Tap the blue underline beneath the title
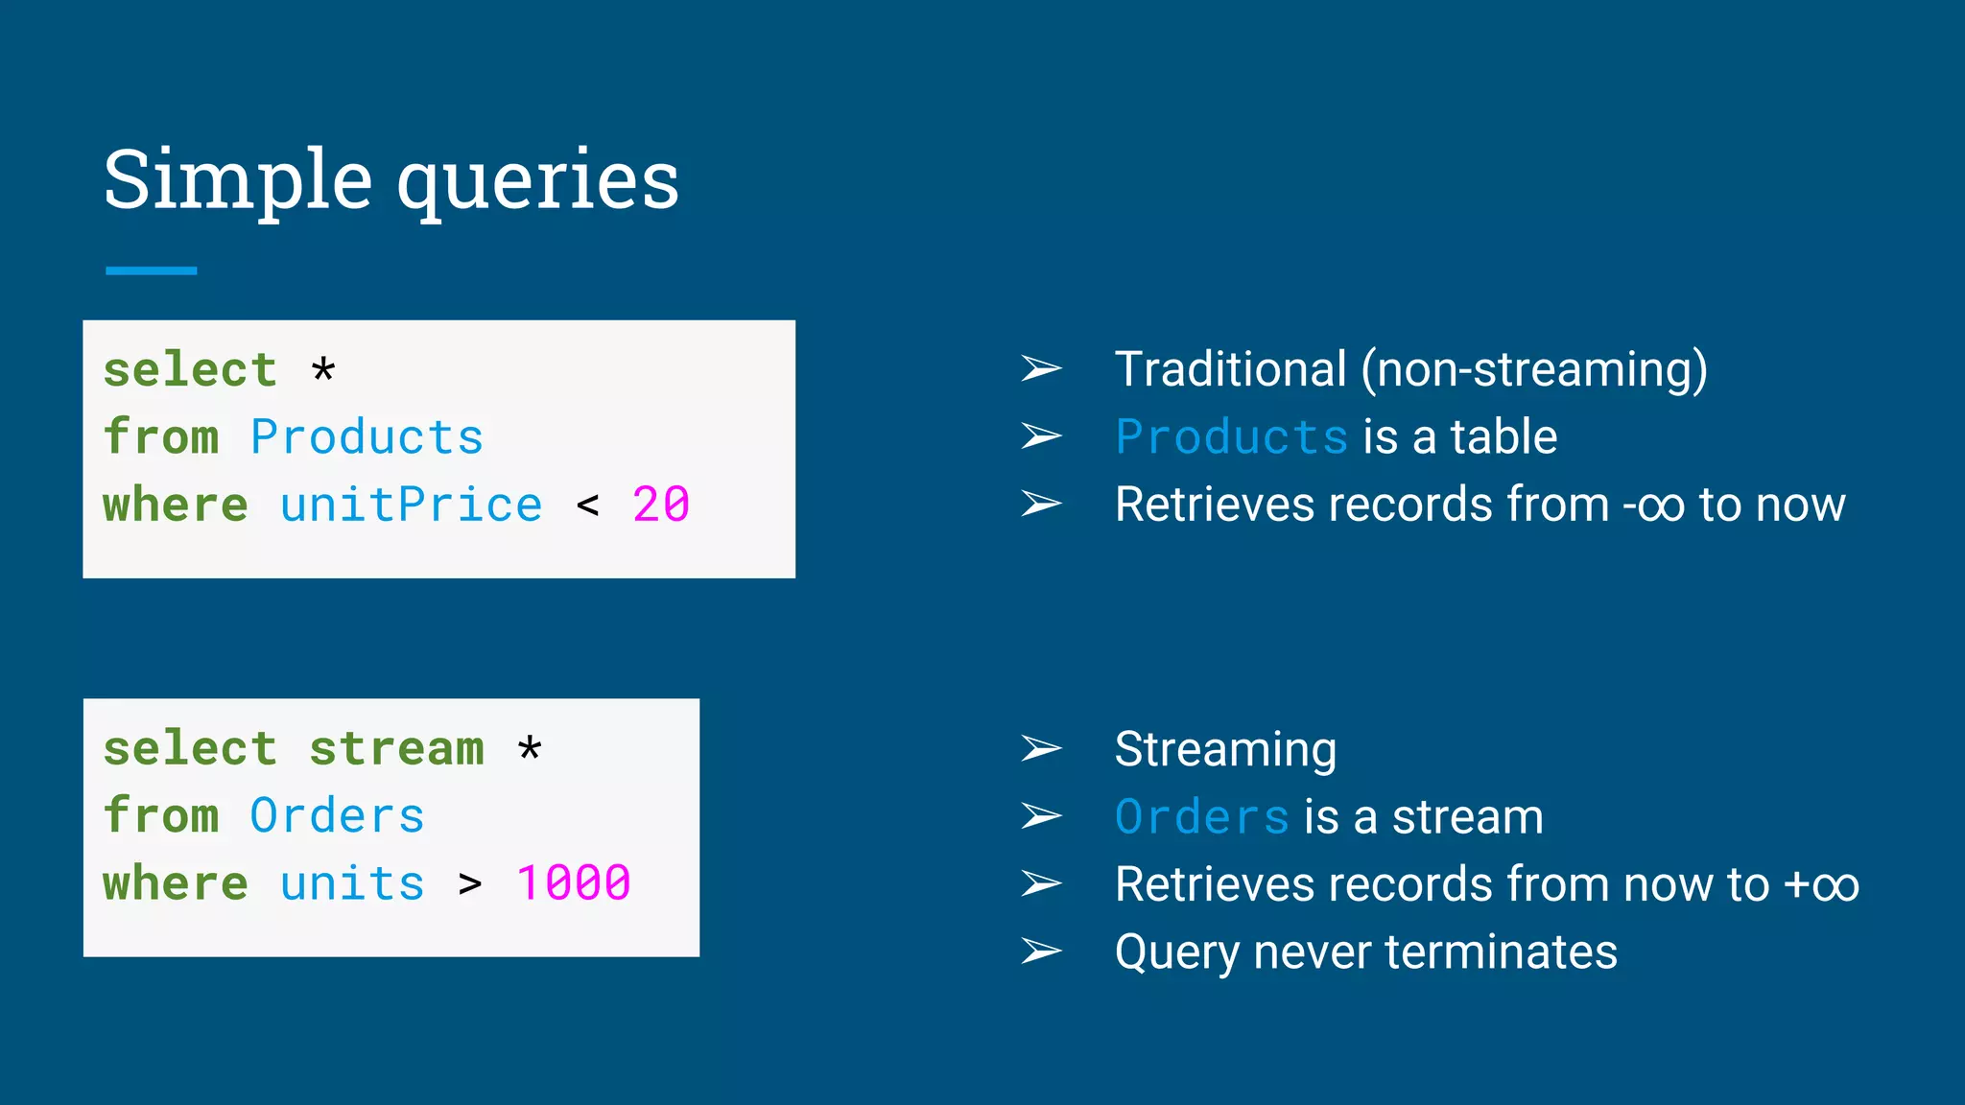[x=151, y=270]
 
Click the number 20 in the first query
[x=661, y=505]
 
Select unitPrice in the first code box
[x=411, y=505]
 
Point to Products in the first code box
[x=367, y=437]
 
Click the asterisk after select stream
[x=530, y=749]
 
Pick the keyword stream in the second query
[x=396, y=748]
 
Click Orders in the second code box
[x=337, y=816]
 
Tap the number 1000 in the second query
[x=573, y=883]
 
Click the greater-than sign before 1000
[x=470, y=884]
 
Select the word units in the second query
[x=352, y=883]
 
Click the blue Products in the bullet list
[x=1232, y=437]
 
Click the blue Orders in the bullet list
[x=1201, y=817]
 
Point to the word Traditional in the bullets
[x=1230, y=369]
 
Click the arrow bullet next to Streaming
[x=1041, y=748]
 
